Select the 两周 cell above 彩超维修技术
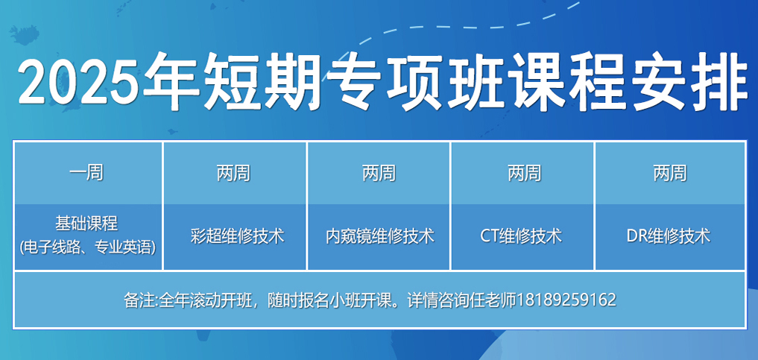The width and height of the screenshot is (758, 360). [235, 173]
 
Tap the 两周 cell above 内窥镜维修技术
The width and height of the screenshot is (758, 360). [379, 173]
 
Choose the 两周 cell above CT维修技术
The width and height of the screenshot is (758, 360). [523, 173]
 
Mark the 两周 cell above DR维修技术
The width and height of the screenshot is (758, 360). [669, 173]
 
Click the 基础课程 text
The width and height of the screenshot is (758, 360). [87, 224]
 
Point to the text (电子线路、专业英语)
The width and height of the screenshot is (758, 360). [87, 248]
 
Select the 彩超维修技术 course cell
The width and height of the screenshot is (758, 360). [235, 237]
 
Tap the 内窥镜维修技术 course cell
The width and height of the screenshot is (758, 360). [379, 237]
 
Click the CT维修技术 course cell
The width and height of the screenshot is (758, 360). [523, 237]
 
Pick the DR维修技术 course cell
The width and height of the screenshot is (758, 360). [669, 237]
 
